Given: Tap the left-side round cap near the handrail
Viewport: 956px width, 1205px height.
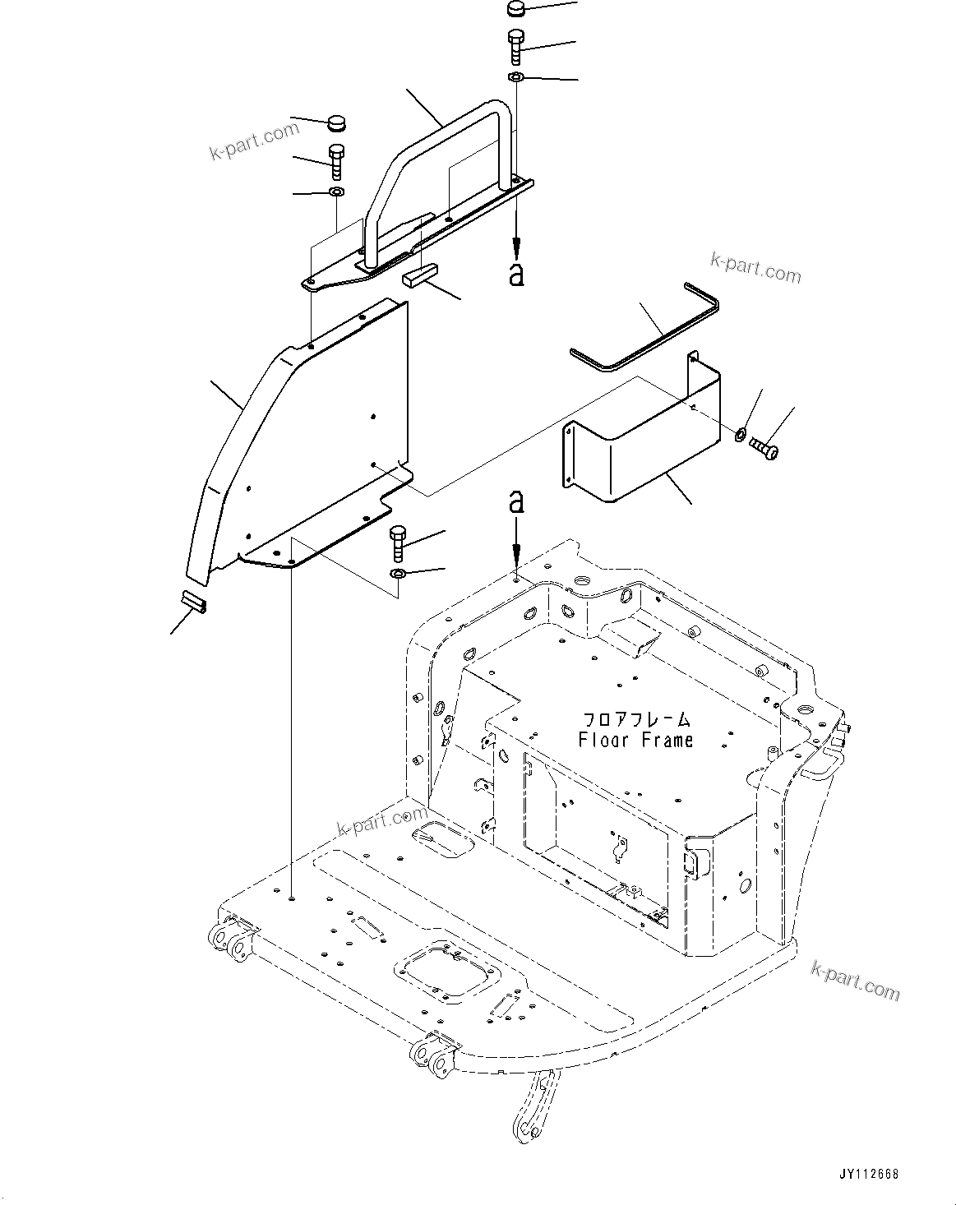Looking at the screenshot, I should click(x=335, y=125).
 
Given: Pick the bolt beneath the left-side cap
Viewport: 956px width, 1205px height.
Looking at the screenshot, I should click(x=336, y=161).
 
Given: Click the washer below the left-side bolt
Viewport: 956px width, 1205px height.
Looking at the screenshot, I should click(x=336, y=192).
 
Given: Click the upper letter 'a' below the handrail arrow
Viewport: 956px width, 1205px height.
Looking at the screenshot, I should click(x=516, y=274).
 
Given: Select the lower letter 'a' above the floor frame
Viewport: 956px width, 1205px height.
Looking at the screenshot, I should click(x=516, y=501).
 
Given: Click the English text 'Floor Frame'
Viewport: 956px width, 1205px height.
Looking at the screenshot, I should click(x=635, y=740).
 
